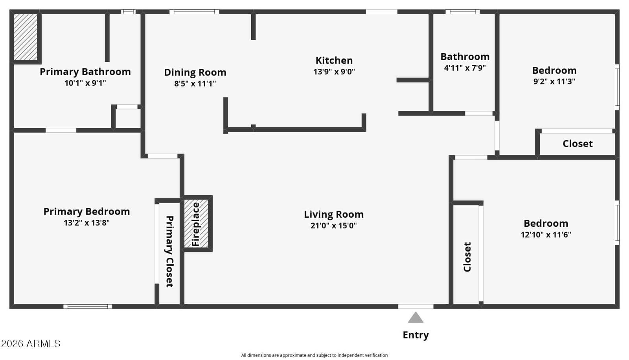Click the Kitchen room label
(x=334, y=61)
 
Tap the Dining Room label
(x=195, y=72)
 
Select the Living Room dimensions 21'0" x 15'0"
(x=334, y=226)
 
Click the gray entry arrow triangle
(x=416, y=317)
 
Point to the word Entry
(x=416, y=335)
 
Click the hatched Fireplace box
(x=196, y=224)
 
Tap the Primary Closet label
(x=169, y=251)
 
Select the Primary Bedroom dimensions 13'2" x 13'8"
(x=86, y=223)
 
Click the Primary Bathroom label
(x=85, y=72)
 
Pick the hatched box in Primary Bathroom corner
(x=26, y=37)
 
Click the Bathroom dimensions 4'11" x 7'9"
(x=465, y=68)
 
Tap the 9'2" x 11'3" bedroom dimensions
(x=554, y=81)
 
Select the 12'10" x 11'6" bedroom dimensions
(x=546, y=235)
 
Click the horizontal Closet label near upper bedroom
(x=578, y=144)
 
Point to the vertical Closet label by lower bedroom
(x=467, y=257)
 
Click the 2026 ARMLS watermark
(x=31, y=343)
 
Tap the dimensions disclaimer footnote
(x=314, y=355)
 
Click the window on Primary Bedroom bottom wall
(x=88, y=307)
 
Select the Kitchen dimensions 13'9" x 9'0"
(x=334, y=72)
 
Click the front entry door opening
(x=416, y=307)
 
